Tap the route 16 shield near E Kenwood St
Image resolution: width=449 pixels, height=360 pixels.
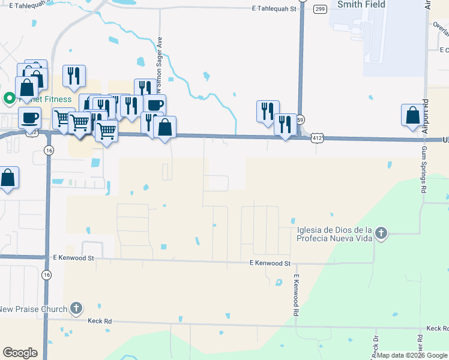46,274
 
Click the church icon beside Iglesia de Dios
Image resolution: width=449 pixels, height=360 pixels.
381,232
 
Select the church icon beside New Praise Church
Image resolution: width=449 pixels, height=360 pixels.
76,309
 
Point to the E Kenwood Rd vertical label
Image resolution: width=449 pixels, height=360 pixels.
295,295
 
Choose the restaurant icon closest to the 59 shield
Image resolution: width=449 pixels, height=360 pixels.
286,124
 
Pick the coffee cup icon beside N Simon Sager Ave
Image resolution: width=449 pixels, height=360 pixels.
154,105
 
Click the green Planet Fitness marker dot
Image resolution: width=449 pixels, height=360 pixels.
10,98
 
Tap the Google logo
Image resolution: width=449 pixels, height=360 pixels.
20,353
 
